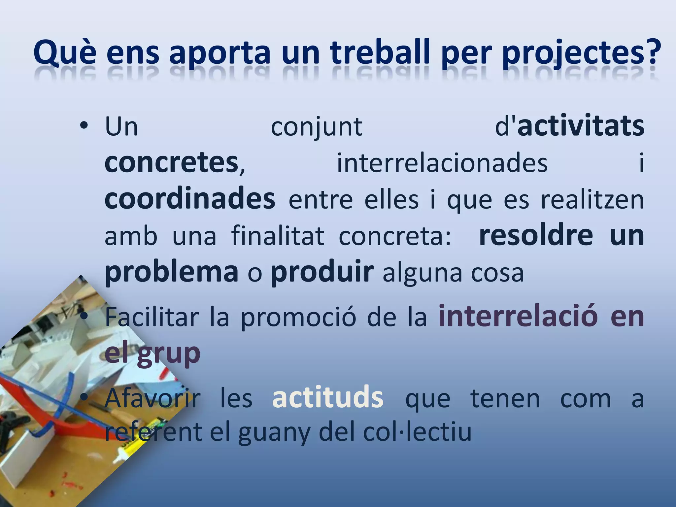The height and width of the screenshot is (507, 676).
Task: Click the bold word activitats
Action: click(581, 127)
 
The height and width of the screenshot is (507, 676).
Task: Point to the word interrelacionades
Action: click(442, 163)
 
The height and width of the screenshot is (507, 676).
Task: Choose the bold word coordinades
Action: click(190, 199)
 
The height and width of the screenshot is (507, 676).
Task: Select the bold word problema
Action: click(171, 273)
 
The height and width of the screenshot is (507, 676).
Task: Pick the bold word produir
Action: click(322, 273)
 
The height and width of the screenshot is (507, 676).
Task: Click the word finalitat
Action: click(278, 236)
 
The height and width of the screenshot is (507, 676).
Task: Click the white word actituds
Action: click(327, 398)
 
